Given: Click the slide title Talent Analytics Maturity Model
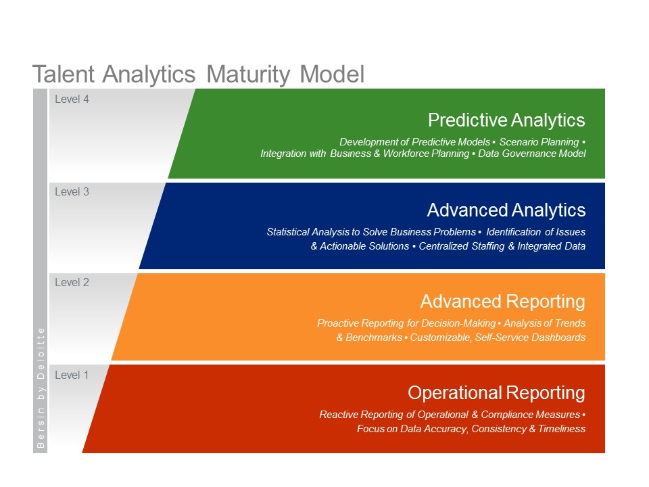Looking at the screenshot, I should click(198, 74).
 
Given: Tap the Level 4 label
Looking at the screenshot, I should click(72, 99).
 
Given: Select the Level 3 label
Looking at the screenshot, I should click(72, 192).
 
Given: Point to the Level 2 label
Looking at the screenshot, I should click(72, 283).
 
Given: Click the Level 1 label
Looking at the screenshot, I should click(72, 375).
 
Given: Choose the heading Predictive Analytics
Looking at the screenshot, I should click(506, 120).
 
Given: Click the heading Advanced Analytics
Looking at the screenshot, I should click(506, 210).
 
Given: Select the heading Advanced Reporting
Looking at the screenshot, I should click(502, 301).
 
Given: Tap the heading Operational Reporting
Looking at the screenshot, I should click(496, 393).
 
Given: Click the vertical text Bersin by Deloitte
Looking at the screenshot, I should click(41, 388).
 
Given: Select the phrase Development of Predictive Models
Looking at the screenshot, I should click(414, 142).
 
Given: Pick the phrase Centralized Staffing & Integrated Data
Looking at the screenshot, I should click(502, 246).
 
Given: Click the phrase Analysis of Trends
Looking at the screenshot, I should click(544, 323).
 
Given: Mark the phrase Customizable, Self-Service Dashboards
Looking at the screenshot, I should click(498, 338).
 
